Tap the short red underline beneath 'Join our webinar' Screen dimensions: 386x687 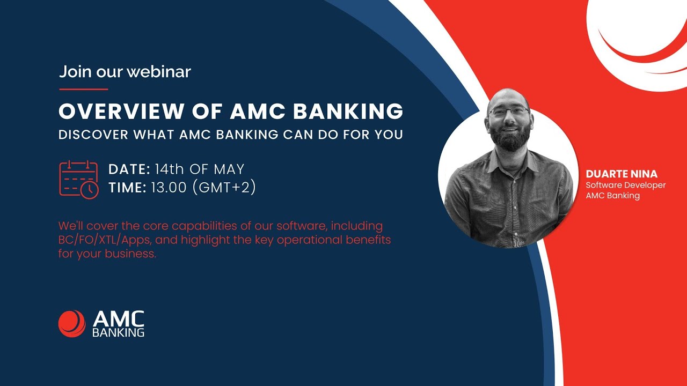point(83,89)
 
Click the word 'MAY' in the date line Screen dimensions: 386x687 point(229,169)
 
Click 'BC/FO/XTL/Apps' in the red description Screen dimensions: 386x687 point(105,240)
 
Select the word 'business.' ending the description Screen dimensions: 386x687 point(131,254)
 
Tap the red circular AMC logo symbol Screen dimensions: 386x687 point(72,324)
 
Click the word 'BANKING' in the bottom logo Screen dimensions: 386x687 point(118,332)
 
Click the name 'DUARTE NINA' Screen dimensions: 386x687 point(622,174)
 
